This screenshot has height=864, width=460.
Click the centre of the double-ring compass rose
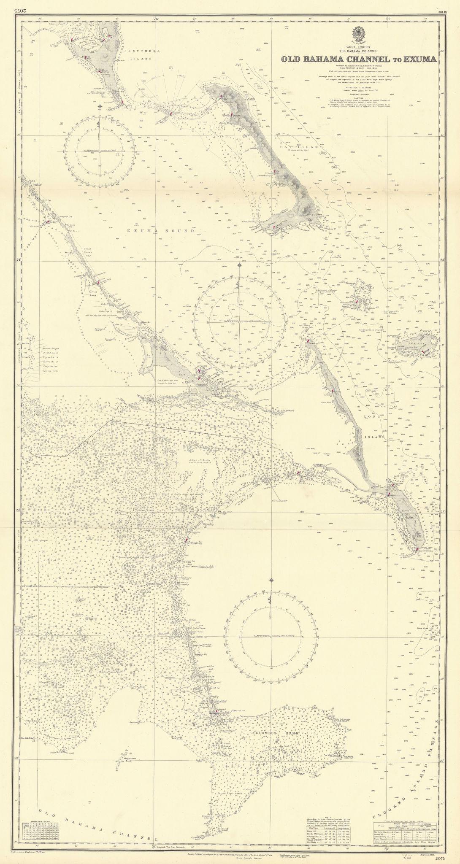click(x=239, y=321)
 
